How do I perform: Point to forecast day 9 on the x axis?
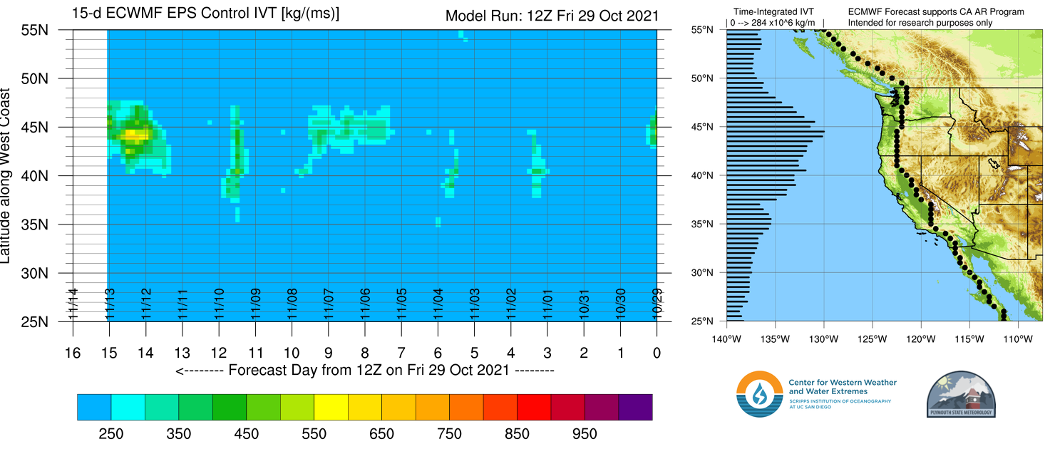coord(328,352)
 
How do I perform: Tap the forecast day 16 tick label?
coord(72,352)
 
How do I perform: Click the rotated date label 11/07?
coord(329,304)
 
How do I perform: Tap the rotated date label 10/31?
coord(584,304)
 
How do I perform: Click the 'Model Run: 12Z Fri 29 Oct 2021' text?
coord(551,16)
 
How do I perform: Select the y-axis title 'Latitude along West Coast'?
coord(7,176)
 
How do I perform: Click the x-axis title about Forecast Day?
coord(364,371)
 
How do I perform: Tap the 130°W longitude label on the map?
coord(823,338)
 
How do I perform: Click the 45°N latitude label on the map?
coord(702,127)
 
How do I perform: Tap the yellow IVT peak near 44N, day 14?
coord(133,133)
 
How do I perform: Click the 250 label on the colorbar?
coord(110,434)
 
